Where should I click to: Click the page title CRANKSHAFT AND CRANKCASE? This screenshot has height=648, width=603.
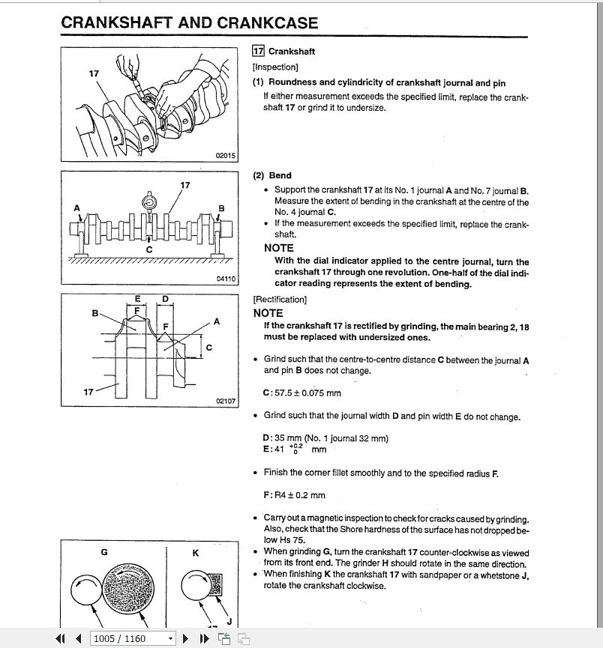click(189, 23)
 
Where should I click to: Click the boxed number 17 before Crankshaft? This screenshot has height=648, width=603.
click(258, 52)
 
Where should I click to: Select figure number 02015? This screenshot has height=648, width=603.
click(226, 155)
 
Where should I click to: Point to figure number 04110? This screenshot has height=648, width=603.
click(226, 279)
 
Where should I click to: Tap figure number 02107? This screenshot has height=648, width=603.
click(226, 402)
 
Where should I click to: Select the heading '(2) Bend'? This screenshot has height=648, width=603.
click(272, 175)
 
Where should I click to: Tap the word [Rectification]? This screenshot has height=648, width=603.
click(280, 300)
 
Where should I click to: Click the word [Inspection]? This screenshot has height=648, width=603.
click(275, 67)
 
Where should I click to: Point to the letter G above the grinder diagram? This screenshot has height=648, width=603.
click(104, 552)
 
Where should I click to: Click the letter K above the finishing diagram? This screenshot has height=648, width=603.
click(195, 552)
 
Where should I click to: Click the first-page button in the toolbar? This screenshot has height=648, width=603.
click(61, 638)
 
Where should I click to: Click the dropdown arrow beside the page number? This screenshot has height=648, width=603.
click(170, 638)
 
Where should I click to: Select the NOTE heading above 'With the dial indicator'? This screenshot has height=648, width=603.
click(279, 248)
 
